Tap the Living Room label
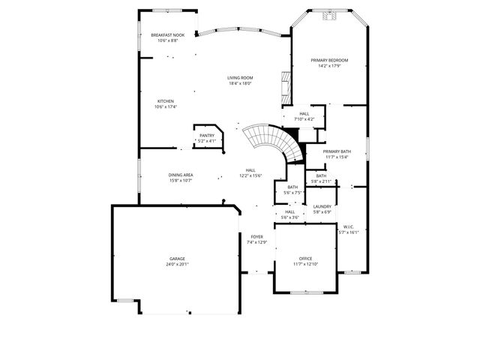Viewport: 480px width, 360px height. coord(240,78)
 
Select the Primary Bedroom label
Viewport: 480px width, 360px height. coord(329,61)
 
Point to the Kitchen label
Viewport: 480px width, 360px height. coord(165,101)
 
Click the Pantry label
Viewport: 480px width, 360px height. coord(206,136)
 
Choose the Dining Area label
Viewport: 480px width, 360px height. coord(181,175)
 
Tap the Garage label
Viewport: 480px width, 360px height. coord(178,259)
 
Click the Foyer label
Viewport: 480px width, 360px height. coord(256,237)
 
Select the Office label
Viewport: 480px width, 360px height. coord(305,259)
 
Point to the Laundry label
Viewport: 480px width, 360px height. coord(322,207)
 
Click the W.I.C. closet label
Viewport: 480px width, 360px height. coord(349,226)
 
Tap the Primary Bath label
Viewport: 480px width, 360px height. coord(337,151)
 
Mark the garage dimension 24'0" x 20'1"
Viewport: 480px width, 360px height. coord(178,264)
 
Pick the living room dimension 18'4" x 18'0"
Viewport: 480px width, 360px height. coord(240,83)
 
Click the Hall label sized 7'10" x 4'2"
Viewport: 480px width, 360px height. coord(304,114)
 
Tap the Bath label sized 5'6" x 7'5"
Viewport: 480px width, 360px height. coord(292,187)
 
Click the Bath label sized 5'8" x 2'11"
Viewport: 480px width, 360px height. coord(320,175)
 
